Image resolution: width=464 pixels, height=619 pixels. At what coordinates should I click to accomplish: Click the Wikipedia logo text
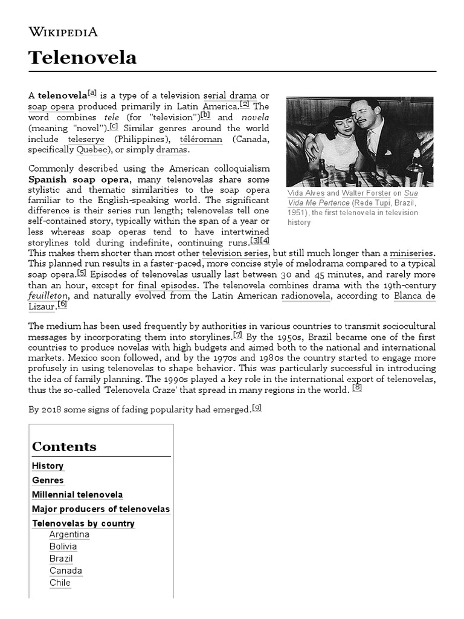63,33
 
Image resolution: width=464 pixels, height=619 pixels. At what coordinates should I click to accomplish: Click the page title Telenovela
82,58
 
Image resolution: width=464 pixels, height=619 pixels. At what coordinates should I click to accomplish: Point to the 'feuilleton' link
48,296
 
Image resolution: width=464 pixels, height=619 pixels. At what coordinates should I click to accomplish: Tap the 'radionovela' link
305,296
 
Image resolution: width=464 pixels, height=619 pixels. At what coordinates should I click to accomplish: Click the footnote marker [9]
257,408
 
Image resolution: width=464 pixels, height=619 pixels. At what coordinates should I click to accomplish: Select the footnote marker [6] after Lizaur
62,304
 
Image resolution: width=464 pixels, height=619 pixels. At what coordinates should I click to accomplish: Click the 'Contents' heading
64,447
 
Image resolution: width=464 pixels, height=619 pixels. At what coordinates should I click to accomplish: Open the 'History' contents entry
48,466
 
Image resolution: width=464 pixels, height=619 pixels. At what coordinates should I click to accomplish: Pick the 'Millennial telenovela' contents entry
77,494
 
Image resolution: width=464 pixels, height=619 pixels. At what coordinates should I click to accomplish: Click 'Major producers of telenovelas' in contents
101,509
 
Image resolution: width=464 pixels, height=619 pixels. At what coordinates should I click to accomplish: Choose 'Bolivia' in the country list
63,546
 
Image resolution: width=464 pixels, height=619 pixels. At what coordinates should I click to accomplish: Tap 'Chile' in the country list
60,583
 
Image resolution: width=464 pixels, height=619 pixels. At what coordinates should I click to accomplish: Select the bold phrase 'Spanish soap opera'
79,180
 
